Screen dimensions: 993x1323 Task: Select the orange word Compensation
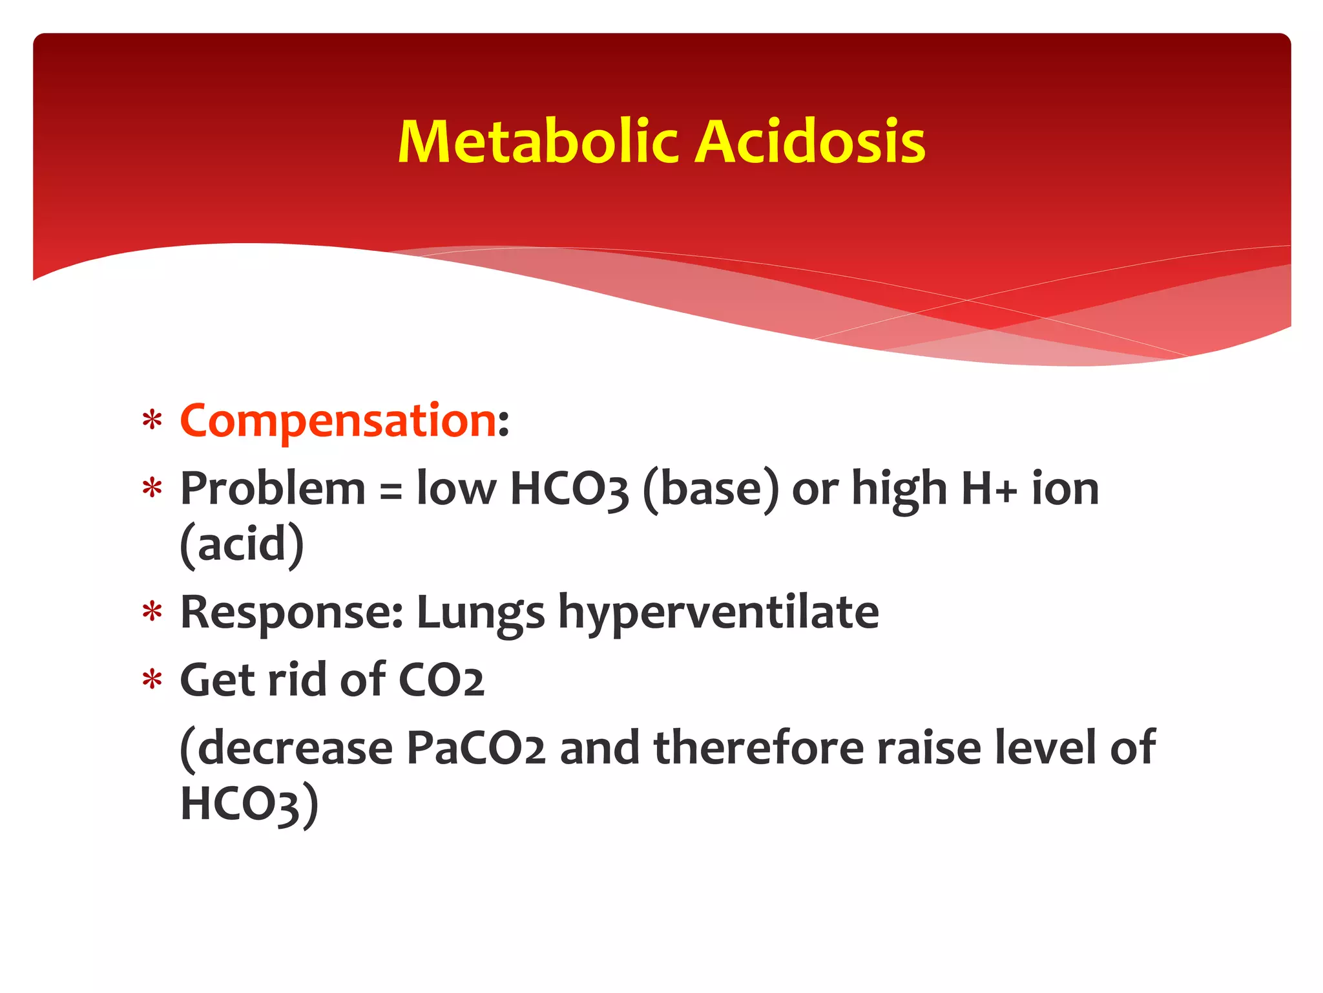338,421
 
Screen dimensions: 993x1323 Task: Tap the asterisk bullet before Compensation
152,422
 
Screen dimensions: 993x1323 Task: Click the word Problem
273,489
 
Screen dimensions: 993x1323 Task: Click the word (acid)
242,545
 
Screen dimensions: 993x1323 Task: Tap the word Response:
292,613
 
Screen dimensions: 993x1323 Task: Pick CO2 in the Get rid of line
441,681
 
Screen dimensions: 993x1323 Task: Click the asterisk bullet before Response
152,613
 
